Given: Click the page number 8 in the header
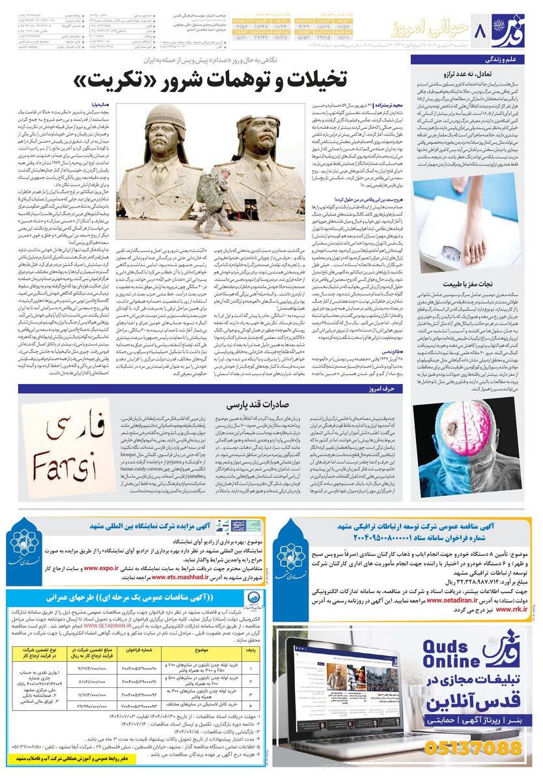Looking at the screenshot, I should [482, 29].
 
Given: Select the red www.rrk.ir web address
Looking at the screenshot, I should [514, 610].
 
